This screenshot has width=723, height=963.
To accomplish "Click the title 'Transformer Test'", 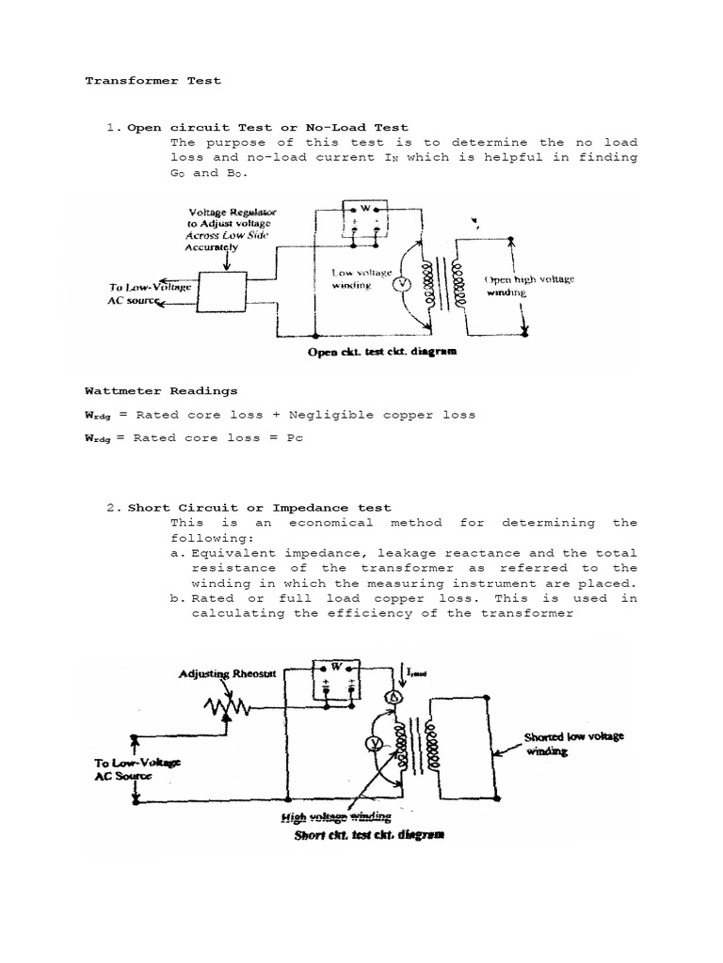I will [x=153, y=81].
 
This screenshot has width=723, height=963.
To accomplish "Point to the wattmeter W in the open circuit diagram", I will [x=364, y=208].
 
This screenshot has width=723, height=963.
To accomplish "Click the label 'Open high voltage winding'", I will [x=528, y=286].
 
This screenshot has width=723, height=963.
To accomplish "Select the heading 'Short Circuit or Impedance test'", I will [x=259, y=508].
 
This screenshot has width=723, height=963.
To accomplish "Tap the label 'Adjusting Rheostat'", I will [x=229, y=675].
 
